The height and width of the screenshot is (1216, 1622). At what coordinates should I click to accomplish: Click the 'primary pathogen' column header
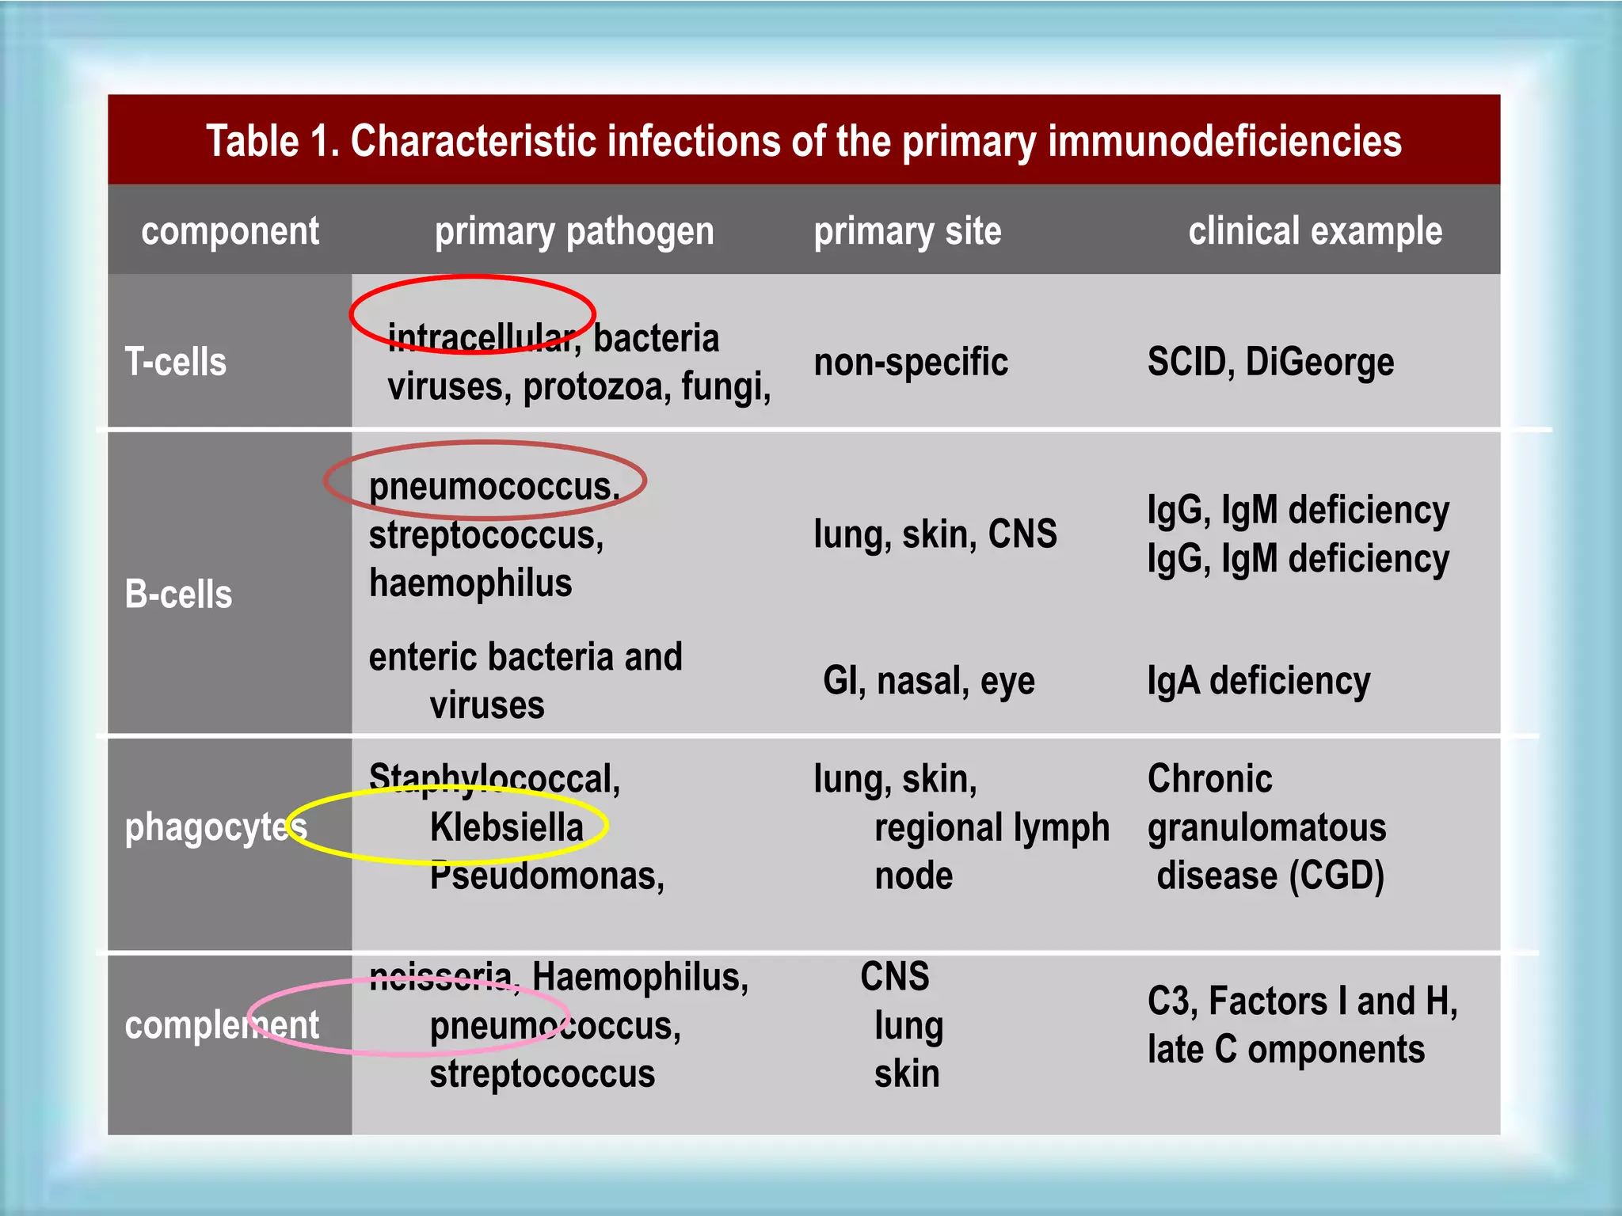click(x=574, y=231)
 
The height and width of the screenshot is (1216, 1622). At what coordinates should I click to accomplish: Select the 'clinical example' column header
click(x=1315, y=231)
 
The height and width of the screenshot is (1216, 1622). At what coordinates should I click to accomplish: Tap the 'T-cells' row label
click(x=176, y=363)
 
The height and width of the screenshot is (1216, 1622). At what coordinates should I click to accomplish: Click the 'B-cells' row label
click(x=178, y=594)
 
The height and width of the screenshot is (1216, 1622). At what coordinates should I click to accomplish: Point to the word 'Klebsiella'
click(x=506, y=827)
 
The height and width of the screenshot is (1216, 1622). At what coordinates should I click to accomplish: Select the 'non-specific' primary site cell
click(x=911, y=363)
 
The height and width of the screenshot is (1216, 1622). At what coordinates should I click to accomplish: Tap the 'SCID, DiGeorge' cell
click(x=1270, y=363)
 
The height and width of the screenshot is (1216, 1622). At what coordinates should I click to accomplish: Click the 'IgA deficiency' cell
click(x=1258, y=681)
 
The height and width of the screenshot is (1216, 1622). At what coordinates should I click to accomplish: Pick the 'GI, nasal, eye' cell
click(x=928, y=681)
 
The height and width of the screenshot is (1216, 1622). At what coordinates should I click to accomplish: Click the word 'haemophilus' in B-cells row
click(x=470, y=583)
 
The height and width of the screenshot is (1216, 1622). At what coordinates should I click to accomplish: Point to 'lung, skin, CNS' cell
click(x=935, y=534)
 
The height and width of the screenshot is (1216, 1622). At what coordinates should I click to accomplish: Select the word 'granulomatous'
click(x=1266, y=827)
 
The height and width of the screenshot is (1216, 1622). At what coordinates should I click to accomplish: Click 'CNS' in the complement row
click(x=894, y=977)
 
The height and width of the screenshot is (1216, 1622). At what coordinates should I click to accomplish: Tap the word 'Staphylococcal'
click(x=493, y=779)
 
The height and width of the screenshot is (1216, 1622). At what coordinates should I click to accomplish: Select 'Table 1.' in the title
click(x=272, y=142)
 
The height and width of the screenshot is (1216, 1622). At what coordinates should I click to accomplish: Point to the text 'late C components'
click(x=1285, y=1050)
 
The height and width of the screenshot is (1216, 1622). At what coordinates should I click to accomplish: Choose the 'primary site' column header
click(x=908, y=231)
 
